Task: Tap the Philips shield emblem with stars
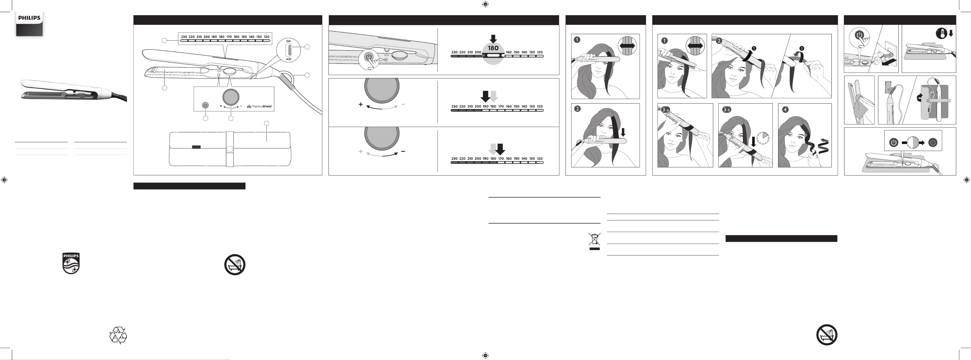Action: pyautogui.click(x=71, y=263)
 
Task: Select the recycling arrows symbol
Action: pyautogui.click(x=118, y=335)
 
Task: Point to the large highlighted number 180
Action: pyautogui.click(x=493, y=48)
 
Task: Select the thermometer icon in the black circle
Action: pyautogui.click(x=942, y=33)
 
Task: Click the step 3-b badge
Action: pyautogui.click(x=726, y=110)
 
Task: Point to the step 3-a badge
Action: pyautogui.click(x=665, y=110)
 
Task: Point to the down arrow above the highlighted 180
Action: pyautogui.click(x=493, y=39)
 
